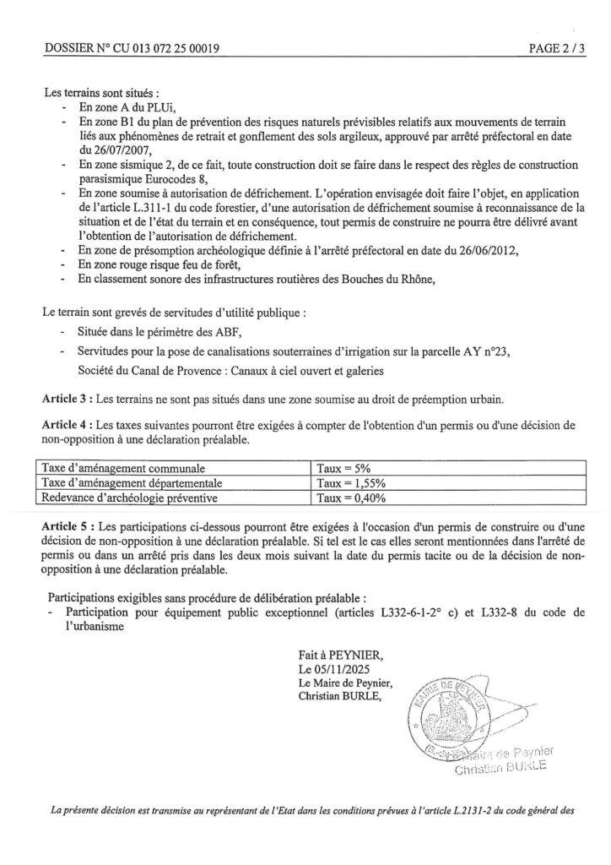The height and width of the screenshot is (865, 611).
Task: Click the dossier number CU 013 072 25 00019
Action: pyautogui.click(x=160, y=48)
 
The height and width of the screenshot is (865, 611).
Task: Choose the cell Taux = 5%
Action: pyautogui.click(x=344, y=466)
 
